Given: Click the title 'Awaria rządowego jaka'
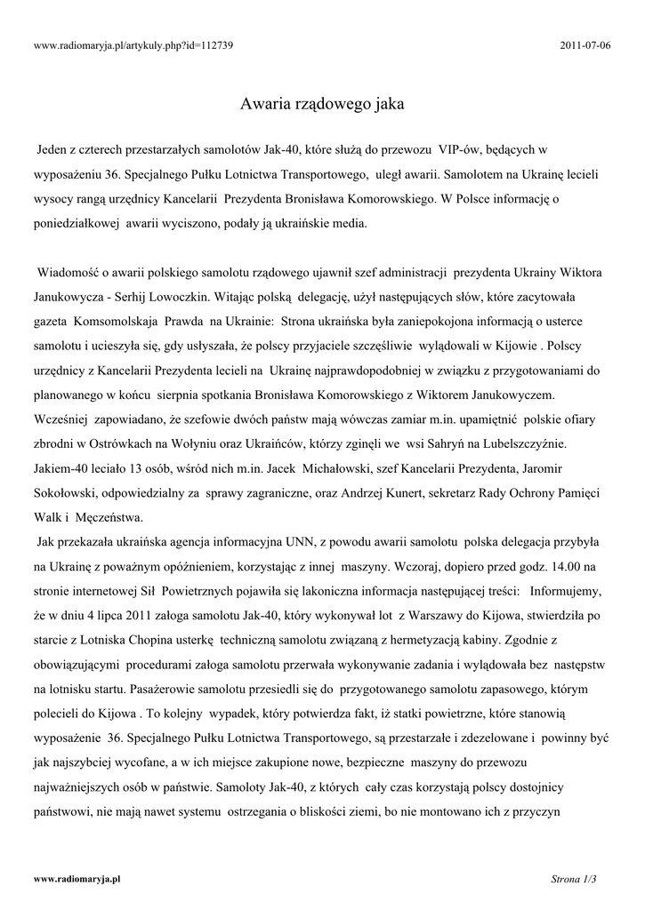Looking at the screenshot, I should click(322, 104).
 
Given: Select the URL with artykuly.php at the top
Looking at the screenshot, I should click(133, 44).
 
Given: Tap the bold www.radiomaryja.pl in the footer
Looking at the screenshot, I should click(77, 879).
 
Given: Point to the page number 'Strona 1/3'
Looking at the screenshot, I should click(575, 879).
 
